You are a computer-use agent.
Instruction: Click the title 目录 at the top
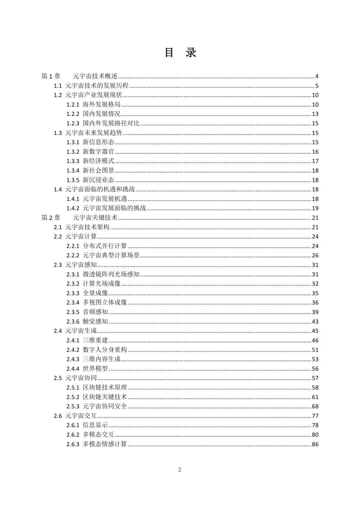[x=180, y=53]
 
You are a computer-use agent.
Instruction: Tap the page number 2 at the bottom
[x=180, y=470]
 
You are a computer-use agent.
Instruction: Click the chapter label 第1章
[x=51, y=76]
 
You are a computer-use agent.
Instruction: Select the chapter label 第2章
[x=51, y=218]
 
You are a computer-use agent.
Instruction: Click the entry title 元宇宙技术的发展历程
[x=97, y=86]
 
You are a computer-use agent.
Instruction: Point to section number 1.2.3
[x=73, y=123]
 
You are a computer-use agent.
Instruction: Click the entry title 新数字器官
[x=98, y=152]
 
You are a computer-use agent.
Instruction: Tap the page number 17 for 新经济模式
[x=315, y=161]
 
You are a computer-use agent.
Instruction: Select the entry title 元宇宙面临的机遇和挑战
[x=100, y=189]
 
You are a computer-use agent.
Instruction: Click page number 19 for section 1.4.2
[x=315, y=208]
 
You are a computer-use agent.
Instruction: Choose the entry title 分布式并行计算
[x=105, y=246]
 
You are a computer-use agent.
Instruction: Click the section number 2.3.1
[x=73, y=274]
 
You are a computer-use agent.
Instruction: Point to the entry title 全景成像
[x=95, y=293]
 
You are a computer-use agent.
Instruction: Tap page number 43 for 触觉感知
[x=315, y=322]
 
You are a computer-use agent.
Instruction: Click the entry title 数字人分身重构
[x=105, y=350]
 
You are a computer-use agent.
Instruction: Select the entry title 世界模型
[x=95, y=369]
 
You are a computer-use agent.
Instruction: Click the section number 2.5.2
[x=73, y=397]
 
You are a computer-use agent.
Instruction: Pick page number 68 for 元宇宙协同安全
[x=315, y=406]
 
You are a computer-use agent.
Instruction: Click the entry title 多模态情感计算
[x=105, y=444]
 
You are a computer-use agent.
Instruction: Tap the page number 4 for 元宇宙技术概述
[x=317, y=76]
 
